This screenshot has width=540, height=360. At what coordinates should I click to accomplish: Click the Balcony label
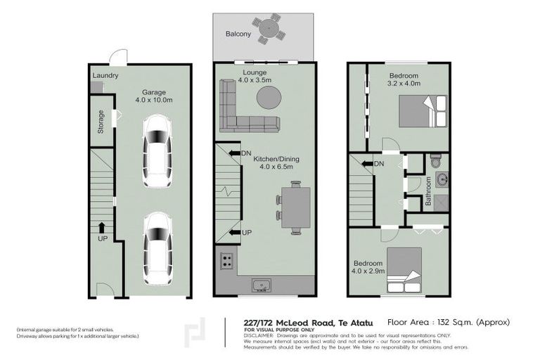pos(238,34)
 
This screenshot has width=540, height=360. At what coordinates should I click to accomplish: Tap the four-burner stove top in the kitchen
pos(228,260)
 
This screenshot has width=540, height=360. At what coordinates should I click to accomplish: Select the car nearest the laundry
pos(156,150)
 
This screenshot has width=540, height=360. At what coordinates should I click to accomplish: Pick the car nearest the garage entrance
pos(156,247)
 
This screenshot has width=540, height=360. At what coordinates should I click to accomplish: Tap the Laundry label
pos(105,76)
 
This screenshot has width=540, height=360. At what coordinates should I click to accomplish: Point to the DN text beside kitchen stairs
pos(246,153)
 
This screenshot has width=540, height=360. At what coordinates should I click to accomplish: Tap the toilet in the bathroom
pos(436,161)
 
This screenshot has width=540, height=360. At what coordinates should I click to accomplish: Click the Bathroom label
pos(427,194)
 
